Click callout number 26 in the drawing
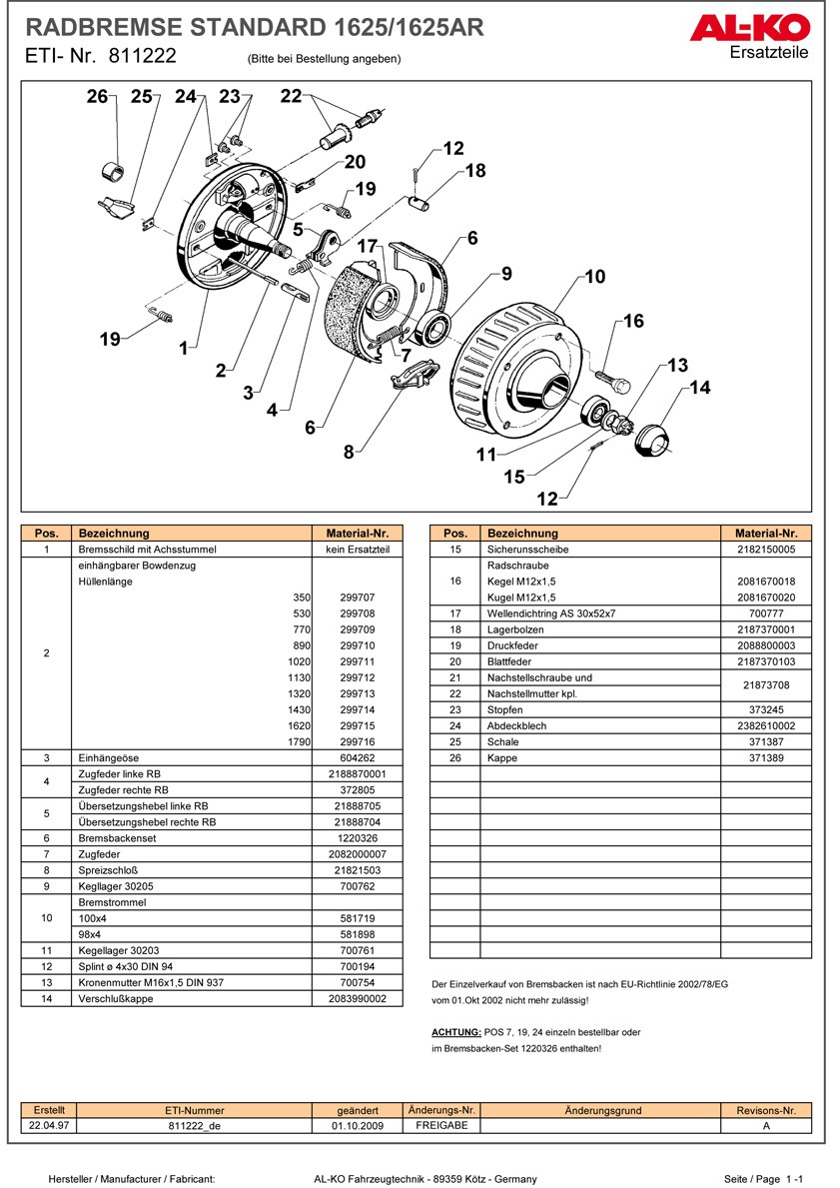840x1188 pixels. click(96, 97)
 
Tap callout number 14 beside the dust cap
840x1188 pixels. click(700, 388)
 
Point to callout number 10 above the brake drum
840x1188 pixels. click(595, 277)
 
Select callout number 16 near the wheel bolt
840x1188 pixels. click(633, 321)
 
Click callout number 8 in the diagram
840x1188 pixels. click(349, 452)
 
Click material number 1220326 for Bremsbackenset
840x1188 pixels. click(357, 838)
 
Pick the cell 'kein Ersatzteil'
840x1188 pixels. click(357, 550)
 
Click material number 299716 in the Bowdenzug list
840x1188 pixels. click(357, 741)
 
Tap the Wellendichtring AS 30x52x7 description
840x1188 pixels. click(551, 613)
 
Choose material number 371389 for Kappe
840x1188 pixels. click(765, 757)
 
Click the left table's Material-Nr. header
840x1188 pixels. click(357, 534)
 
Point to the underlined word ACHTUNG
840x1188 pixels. click(456, 1032)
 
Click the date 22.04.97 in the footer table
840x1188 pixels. click(49, 1125)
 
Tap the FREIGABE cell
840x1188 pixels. click(440, 1125)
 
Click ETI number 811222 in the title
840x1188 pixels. click(138, 57)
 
